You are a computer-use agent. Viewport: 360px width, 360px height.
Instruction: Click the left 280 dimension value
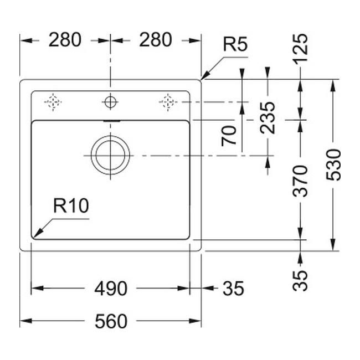click(65, 40)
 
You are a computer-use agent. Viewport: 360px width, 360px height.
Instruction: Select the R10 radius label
click(71, 206)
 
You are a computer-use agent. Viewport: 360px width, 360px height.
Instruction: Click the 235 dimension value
click(268, 117)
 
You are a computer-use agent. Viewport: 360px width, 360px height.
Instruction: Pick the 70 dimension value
click(230, 135)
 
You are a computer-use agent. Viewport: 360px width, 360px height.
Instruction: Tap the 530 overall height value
click(333, 165)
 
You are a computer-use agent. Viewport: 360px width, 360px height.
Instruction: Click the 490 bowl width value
click(111, 289)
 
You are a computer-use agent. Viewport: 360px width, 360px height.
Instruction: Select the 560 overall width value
click(111, 321)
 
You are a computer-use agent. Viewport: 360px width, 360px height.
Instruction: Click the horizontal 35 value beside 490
click(233, 289)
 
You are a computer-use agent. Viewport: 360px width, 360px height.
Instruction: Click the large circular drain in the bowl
click(110, 153)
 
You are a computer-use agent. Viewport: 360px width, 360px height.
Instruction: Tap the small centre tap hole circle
click(110, 102)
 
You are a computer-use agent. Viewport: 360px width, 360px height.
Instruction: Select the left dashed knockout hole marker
click(53, 102)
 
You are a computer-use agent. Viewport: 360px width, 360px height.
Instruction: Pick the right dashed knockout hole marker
click(167, 101)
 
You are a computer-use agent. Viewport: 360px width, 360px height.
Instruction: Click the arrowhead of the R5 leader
click(203, 78)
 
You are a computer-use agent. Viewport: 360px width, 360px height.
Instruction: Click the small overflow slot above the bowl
click(110, 120)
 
